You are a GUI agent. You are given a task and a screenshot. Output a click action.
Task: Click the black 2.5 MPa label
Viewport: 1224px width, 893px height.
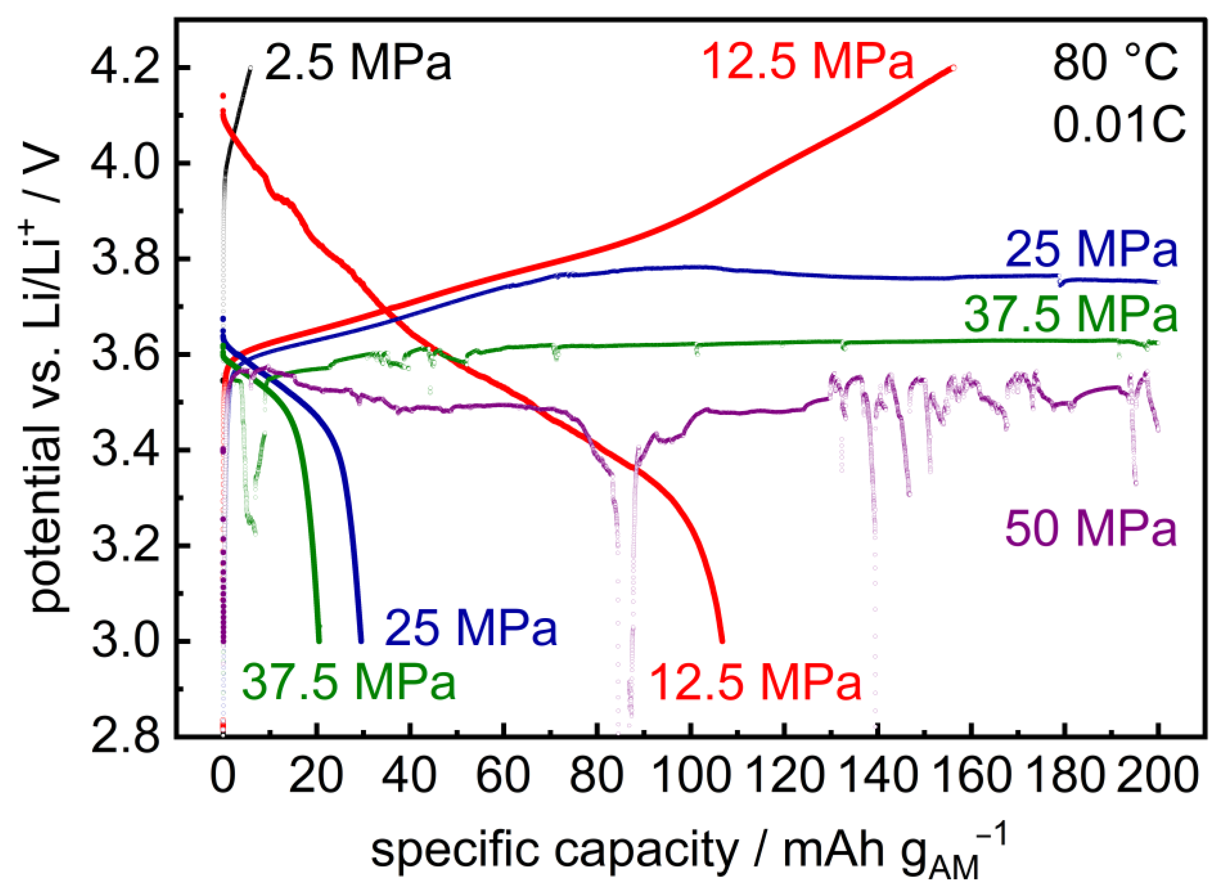pos(358,63)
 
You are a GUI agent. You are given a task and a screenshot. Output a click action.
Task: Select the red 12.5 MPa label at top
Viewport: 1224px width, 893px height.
pos(808,63)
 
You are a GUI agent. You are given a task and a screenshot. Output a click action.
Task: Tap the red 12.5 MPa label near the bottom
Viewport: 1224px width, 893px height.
pos(755,683)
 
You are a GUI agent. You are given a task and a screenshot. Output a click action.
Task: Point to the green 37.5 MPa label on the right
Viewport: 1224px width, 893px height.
pos(1070,315)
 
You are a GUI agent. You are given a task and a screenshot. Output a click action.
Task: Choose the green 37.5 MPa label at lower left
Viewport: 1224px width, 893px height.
pos(349,683)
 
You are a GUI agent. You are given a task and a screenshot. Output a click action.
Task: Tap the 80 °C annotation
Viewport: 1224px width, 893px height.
pos(1115,63)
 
